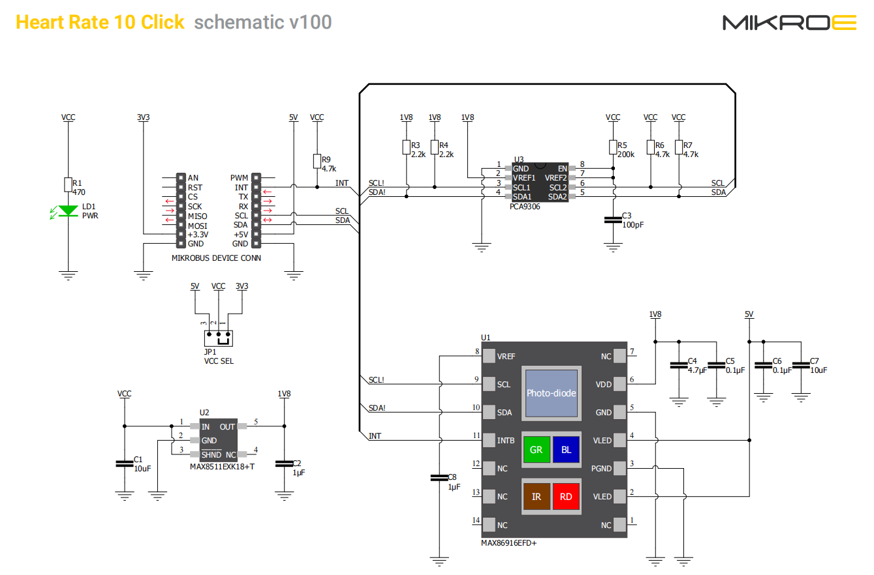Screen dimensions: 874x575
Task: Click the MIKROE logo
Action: (789, 23)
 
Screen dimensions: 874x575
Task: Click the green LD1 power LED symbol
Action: (68, 211)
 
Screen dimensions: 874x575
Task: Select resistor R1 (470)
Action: (69, 184)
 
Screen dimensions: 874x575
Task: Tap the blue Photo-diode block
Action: (552, 393)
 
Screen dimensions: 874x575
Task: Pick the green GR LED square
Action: (537, 449)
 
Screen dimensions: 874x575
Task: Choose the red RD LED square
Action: (566, 496)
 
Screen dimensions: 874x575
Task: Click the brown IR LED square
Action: (537, 496)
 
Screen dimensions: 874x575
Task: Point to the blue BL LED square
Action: (566, 449)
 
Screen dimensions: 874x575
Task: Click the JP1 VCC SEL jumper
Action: (219, 338)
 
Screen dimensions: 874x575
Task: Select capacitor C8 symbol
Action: (439, 478)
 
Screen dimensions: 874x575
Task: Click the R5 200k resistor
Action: (613, 147)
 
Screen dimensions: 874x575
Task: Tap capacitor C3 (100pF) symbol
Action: (613, 220)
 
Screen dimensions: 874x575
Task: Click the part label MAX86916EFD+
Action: (508, 543)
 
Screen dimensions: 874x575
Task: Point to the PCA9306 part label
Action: (525, 207)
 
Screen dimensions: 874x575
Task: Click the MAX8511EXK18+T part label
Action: (222, 467)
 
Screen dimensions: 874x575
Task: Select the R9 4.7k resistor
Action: (317, 162)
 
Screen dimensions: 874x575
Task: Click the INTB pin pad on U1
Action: (489, 441)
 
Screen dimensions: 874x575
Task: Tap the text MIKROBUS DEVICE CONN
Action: (216, 258)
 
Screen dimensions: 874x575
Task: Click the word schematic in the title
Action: (240, 22)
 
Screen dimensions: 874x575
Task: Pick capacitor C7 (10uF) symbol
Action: (801, 365)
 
